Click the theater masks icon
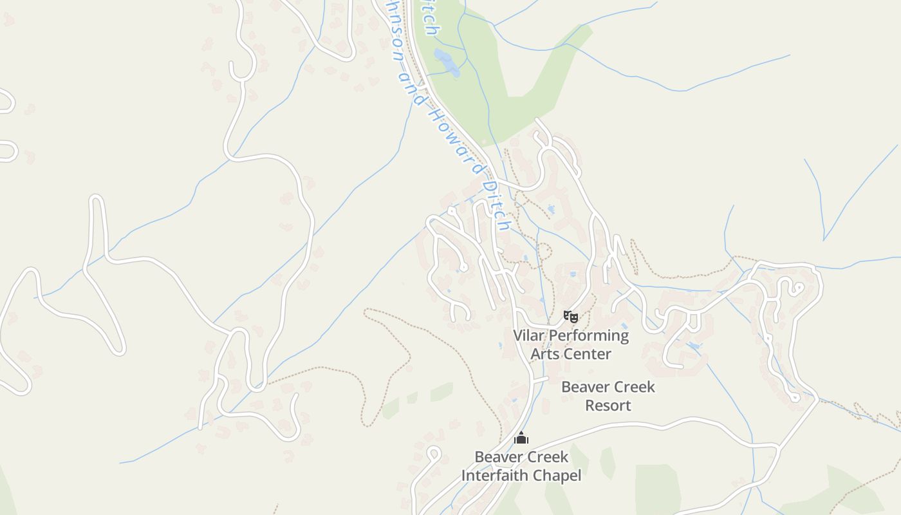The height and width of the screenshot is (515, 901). pyautogui.click(x=570, y=316)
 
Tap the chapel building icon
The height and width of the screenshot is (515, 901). pyautogui.click(x=521, y=438)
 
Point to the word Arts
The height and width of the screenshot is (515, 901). pyautogui.click(x=544, y=353)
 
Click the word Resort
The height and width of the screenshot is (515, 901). pyautogui.click(x=608, y=406)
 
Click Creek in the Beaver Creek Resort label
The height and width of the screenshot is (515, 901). pyautogui.click(x=633, y=387)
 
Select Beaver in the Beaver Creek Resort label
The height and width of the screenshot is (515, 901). pyautogui.click(x=584, y=387)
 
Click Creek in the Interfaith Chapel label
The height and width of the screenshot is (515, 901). pyautogui.click(x=546, y=457)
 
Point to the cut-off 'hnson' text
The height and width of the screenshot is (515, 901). pyautogui.click(x=395, y=32)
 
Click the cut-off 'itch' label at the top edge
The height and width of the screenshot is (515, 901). pyautogui.click(x=430, y=18)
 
